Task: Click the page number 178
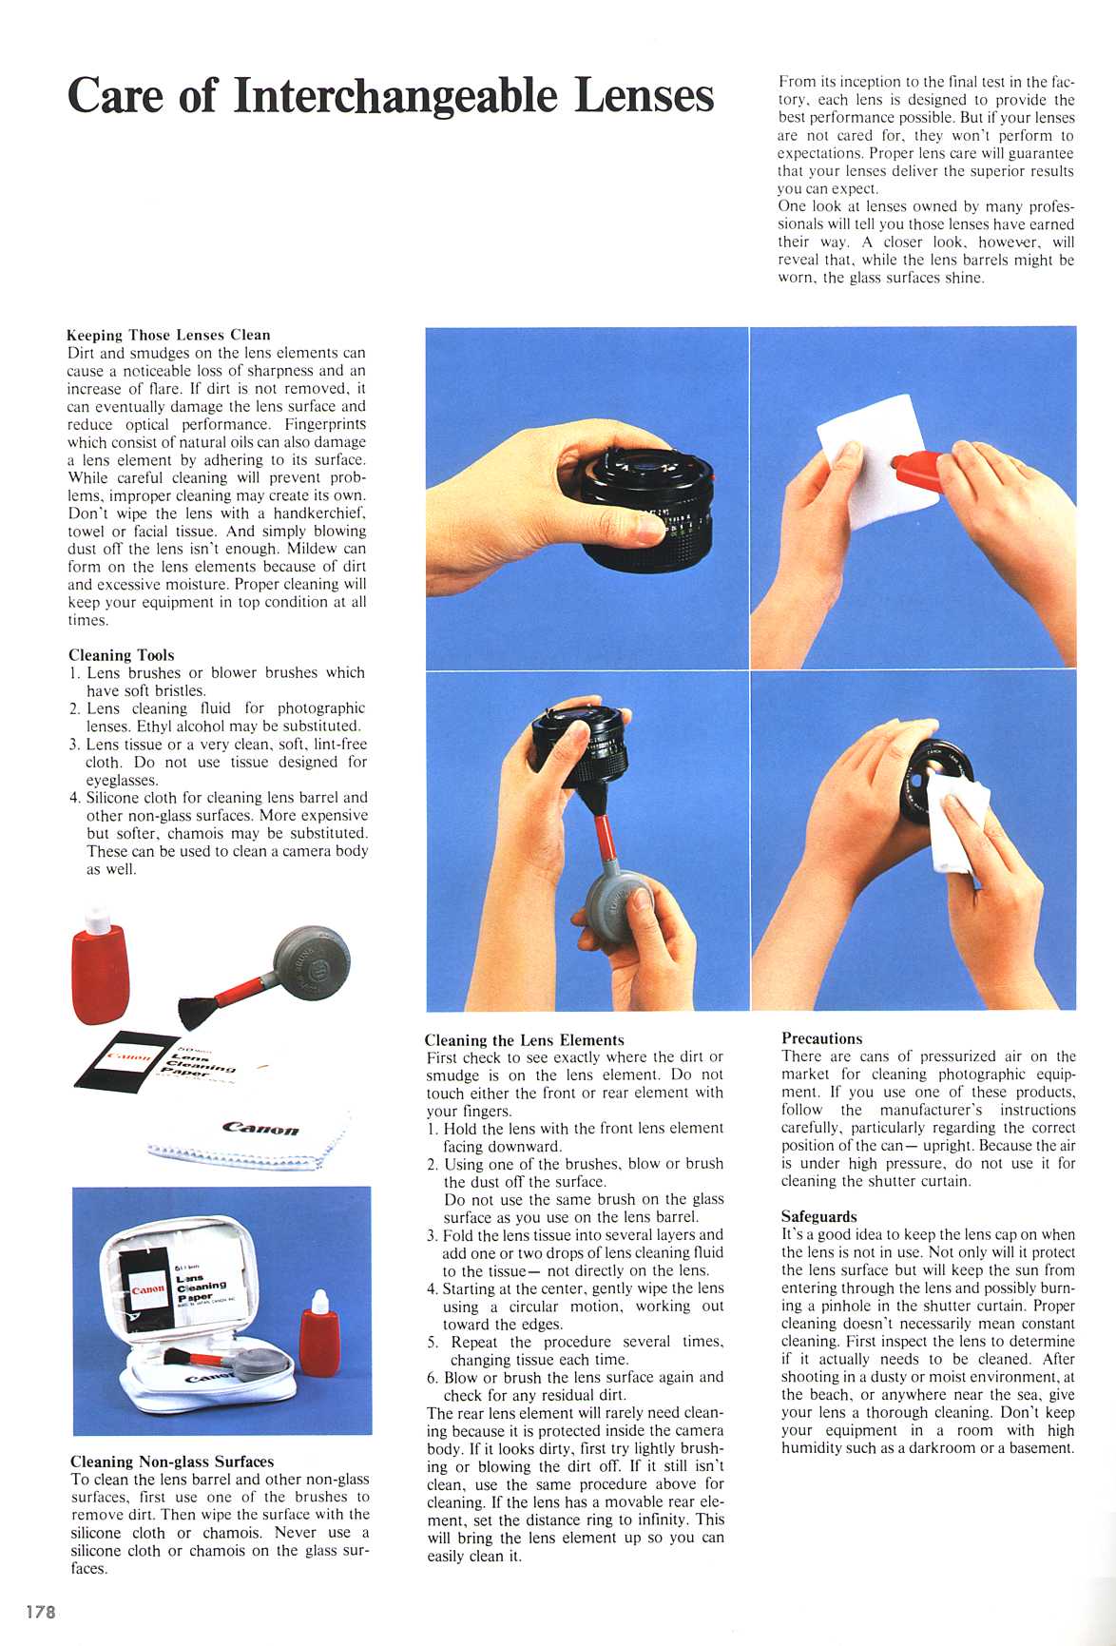tap(40, 1612)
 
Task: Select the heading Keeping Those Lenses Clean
tap(168, 335)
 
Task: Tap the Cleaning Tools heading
tap(121, 655)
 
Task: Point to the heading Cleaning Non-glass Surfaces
tap(172, 1462)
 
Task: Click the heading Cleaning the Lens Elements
tap(524, 1040)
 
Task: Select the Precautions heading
tap(821, 1038)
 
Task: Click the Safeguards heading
tap(818, 1216)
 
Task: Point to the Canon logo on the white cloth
tap(260, 1128)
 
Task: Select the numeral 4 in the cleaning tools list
tap(73, 798)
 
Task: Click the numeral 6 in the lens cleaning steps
tap(432, 1377)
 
